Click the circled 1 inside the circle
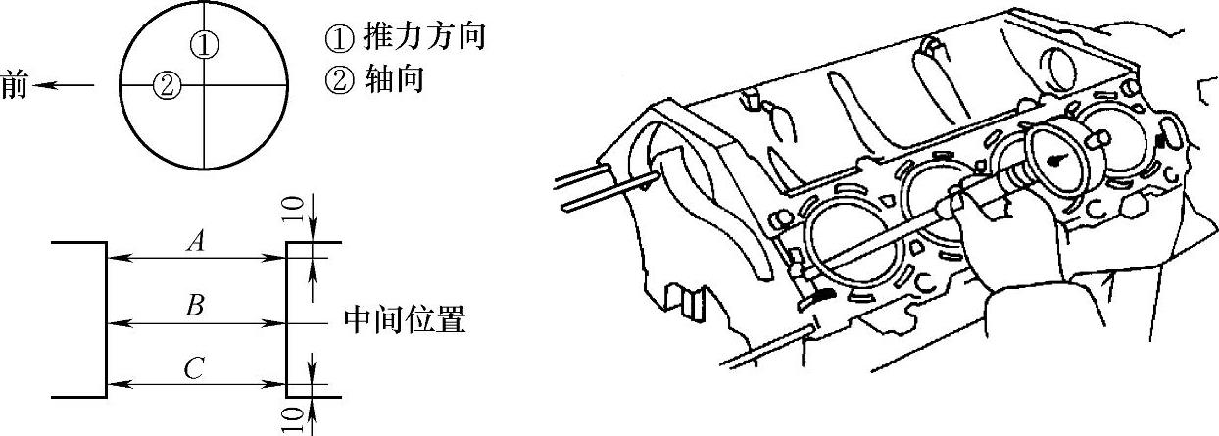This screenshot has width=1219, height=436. point(203,44)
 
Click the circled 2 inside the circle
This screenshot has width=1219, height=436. point(166,85)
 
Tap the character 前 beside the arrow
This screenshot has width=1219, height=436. point(15,85)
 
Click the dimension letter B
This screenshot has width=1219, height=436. point(195,307)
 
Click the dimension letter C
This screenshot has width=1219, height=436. point(194,368)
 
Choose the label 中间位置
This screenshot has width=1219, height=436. point(405,319)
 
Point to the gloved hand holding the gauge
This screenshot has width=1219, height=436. point(1000,245)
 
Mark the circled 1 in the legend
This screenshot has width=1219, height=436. point(337,38)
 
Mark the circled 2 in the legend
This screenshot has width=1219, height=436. point(337,79)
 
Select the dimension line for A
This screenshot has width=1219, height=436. point(195,259)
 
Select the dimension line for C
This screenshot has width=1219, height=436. point(195,383)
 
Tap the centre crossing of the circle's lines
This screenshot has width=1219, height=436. point(203,85)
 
